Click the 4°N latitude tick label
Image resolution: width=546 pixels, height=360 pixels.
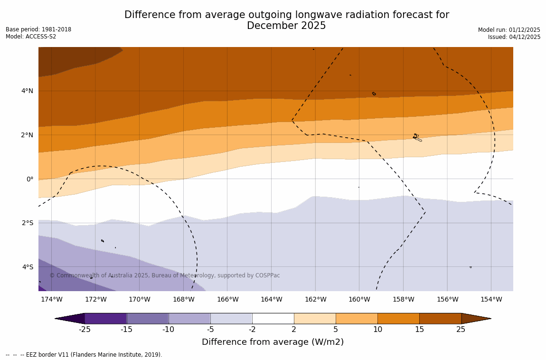pyautogui.click(x=27, y=91)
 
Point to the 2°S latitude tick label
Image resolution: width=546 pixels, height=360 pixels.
pyautogui.click(x=27, y=223)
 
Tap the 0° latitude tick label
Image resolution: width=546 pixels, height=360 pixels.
pyautogui.click(x=29, y=179)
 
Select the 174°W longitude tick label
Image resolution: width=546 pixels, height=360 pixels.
pyautogui.click(x=51, y=299)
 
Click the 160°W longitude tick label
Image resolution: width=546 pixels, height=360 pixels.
pyautogui.click(x=359, y=299)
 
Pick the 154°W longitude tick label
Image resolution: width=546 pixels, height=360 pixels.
pyautogui.click(x=491, y=299)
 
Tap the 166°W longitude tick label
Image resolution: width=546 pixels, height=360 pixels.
pyautogui.click(x=227, y=299)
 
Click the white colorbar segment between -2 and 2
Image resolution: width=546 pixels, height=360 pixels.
pyautogui.click(x=273, y=318)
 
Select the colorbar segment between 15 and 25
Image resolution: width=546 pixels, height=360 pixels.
pyautogui.click(x=440, y=318)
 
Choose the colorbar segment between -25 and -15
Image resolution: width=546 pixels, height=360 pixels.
pyautogui.click(x=105, y=318)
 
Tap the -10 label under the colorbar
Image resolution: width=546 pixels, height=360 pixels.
pyautogui.click(x=168, y=329)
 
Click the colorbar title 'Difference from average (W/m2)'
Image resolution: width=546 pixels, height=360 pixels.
pyautogui.click(x=273, y=342)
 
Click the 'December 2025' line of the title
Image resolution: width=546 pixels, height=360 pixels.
pyautogui.click(x=286, y=26)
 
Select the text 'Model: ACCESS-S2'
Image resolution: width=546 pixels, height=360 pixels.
pyautogui.click(x=31, y=37)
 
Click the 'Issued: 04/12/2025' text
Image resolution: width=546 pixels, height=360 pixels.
pyautogui.click(x=514, y=37)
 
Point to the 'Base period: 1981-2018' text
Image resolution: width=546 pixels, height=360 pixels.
pyautogui.click(x=38, y=29)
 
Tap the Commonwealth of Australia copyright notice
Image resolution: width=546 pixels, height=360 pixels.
pyautogui.click(x=165, y=275)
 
